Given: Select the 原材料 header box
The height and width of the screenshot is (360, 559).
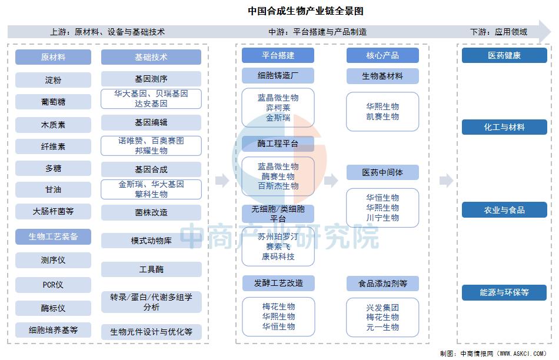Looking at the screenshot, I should coord(53,57).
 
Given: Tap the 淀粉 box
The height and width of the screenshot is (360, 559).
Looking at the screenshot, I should coord(53,80).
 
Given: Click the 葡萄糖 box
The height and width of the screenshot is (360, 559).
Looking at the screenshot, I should coord(53,102).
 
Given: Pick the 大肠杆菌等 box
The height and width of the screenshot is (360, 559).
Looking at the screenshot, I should coord(53,211).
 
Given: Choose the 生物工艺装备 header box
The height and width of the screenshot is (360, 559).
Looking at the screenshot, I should coord(53,236).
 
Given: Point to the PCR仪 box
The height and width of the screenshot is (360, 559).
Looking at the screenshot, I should coord(53,285).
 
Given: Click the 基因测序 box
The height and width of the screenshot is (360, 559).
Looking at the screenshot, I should coord(151,79).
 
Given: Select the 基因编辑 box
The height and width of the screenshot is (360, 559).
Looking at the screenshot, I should coord(151,122).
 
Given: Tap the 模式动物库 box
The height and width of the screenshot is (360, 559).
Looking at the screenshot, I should coord(151,241).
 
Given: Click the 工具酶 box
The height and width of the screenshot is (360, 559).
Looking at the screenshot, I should coord(151,269).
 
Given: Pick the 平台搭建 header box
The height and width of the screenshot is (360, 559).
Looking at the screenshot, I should coord(278,55).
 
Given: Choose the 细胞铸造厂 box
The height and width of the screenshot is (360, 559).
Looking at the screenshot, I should coord(278,75).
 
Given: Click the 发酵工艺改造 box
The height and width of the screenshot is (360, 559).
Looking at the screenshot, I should coord(278,283).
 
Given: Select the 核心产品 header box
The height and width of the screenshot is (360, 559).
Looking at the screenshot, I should coord(382,55).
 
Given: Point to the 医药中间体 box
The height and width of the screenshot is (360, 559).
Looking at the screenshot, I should coord(382,172).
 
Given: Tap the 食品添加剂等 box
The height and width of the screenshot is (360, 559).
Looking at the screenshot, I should coord(382,284).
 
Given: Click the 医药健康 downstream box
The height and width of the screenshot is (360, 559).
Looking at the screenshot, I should coord(504,55).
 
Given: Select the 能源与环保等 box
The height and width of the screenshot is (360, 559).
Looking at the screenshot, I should coord(504,292).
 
